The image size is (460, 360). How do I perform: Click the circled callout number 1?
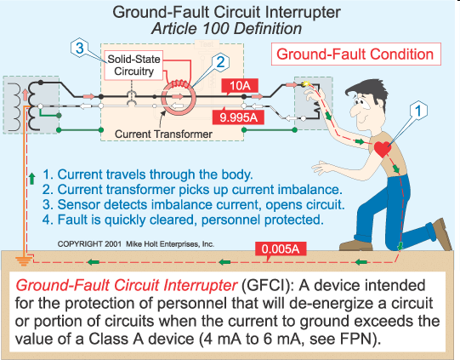pyautogui.click(x=417, y=109)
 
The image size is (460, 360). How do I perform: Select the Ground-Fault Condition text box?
pyautogui.click(x=357, y=54)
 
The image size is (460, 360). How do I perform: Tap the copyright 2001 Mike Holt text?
pyautogui.click(x=135, y=243)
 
